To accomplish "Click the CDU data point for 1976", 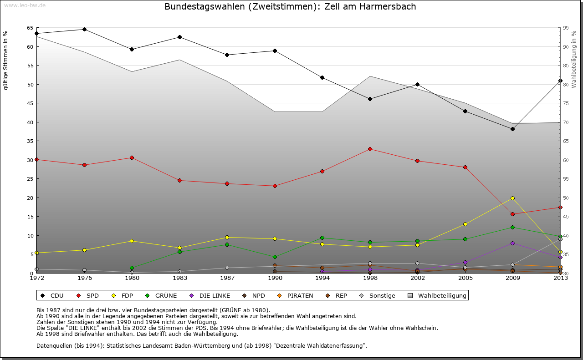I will click(x=84, y=29).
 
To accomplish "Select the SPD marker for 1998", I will click(x=370, y=149).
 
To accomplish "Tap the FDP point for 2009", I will click(x=513, y=198).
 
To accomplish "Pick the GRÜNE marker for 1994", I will click(x=322, y=238).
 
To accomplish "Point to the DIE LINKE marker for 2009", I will click(x=513, y=243).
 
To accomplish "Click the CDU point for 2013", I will click(x=560, y=81).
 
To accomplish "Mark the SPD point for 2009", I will click(x=513, y=214).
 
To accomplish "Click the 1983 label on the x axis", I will click(x=179, y=278).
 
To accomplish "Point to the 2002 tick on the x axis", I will click(x=418, y=278).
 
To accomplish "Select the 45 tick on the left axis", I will click(x=30, y=103).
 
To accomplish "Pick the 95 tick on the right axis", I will click(x=566, y=28).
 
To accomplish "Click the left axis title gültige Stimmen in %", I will click(x=5, y=60).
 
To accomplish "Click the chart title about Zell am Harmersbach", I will click(x=290, y=7).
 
